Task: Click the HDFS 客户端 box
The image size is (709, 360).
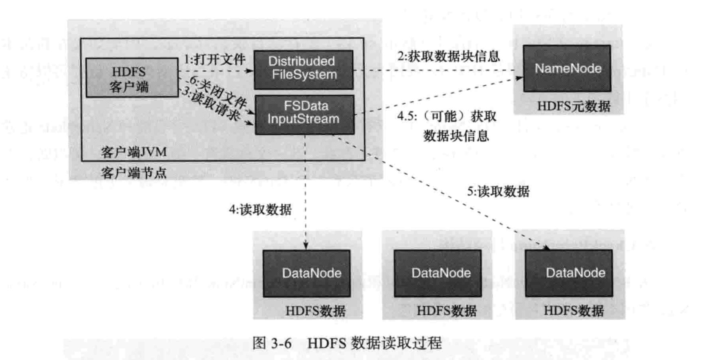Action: click(131, 78)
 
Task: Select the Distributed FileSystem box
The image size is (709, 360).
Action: click(304, 69)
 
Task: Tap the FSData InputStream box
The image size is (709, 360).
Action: click(304, 114)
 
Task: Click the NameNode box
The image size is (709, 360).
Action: click(567, 69)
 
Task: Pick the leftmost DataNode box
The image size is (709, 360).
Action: click(307, 273)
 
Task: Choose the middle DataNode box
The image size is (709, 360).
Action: click(438, 273)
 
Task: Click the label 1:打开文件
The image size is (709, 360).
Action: click(215, 60)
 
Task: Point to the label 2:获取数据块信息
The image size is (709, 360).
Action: click(448, 56)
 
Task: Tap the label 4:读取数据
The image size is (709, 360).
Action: click(260, 210)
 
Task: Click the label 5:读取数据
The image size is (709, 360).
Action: click(498, 191)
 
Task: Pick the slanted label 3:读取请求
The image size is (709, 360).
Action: click(211, 104)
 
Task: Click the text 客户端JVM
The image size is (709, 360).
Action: click(133, 152)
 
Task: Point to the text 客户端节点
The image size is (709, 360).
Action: click(133, 173)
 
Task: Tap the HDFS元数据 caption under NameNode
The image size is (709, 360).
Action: click(574, 106)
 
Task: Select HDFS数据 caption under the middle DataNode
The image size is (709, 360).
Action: click(446, 311)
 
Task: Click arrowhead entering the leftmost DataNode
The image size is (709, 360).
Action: click(306, 246)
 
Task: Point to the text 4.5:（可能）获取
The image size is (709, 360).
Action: click(447, 116)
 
